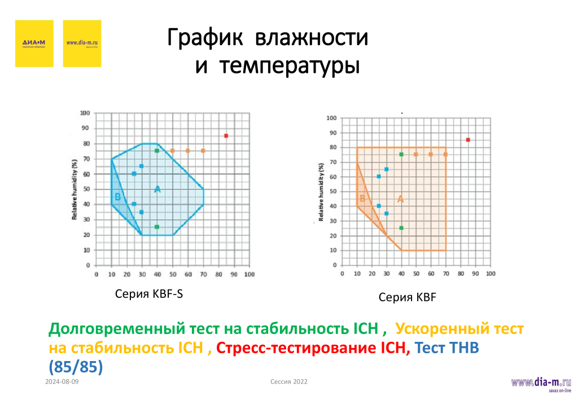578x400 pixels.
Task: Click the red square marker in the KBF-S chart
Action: (x=226, y=135)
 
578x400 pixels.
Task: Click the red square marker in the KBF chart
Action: (x=468, y=139)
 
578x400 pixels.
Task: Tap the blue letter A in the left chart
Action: (x=157, y=190)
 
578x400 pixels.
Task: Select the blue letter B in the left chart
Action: (x=117, y=197)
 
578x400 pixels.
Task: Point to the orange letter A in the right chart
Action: (x=401, y=199)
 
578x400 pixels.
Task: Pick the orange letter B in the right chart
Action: (x=362, y=199)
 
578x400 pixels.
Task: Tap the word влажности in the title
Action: (x=312, y=39)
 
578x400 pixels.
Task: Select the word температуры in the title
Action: (x=290, y=66)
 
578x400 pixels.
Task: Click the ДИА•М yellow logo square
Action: (x=34, y=43)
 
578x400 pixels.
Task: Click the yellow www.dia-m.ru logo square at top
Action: (x=82, y=43)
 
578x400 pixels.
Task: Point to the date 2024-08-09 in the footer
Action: (x=62, y=382)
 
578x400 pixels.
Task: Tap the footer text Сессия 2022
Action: (x=289, y=382)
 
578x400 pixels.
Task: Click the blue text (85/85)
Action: (x=76, y=367)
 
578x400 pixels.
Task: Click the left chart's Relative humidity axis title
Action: (x=75, y=188)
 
